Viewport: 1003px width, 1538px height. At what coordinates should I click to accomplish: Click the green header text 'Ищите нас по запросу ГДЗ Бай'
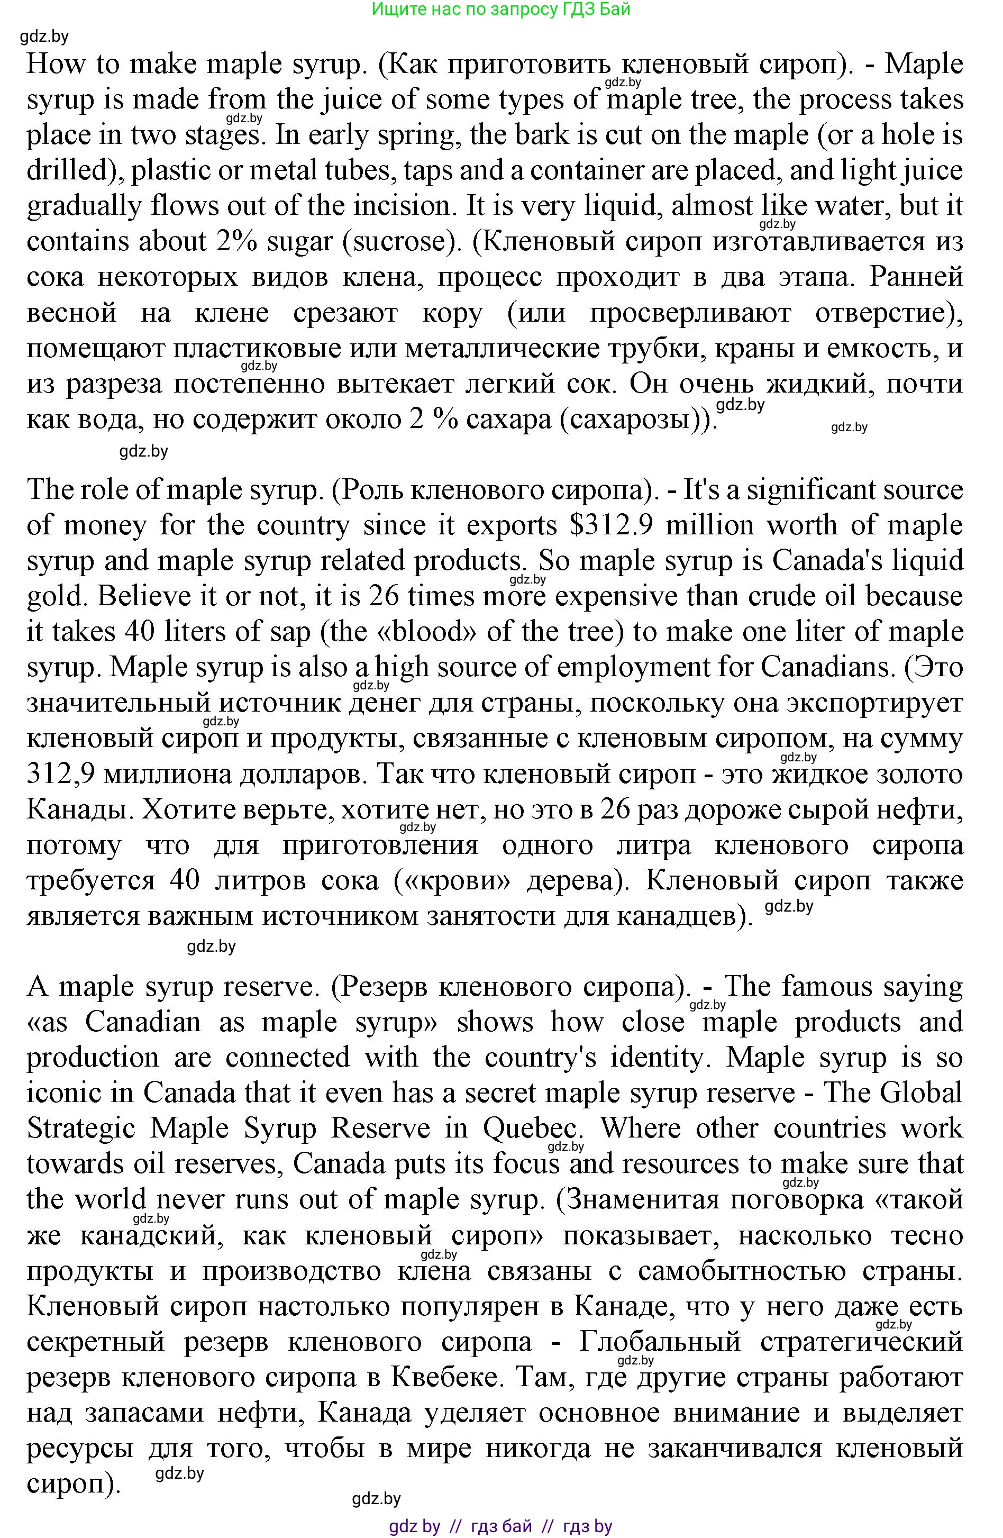[501, 9]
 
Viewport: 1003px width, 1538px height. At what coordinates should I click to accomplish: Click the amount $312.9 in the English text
[612, 525]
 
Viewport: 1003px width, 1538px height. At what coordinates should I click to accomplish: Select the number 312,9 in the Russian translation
[61, 773]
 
